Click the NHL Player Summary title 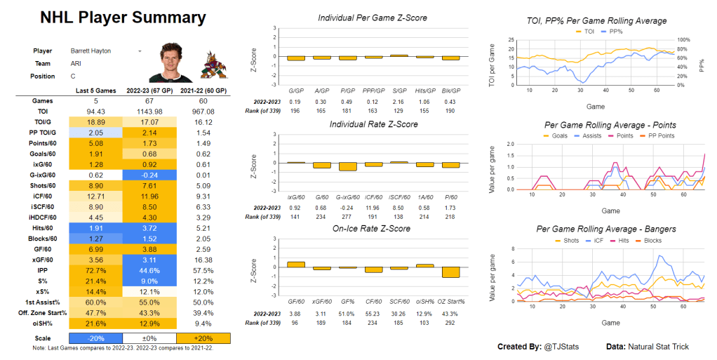123,18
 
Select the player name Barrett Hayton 91,51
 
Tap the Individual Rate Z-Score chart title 373,124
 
